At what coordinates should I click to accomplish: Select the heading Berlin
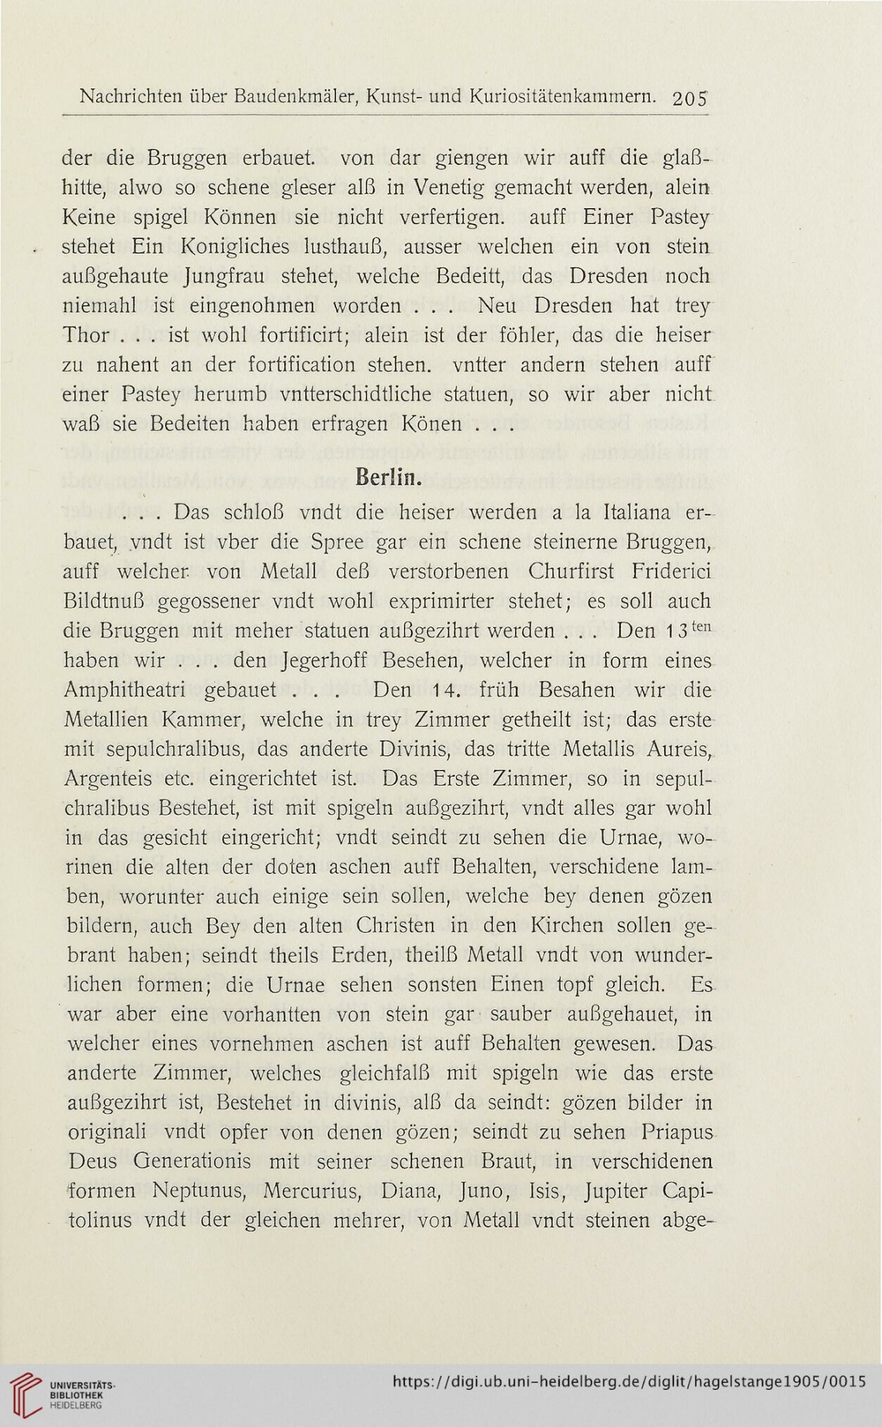tap(388, 479)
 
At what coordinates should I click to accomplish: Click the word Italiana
tap(640, 511)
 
